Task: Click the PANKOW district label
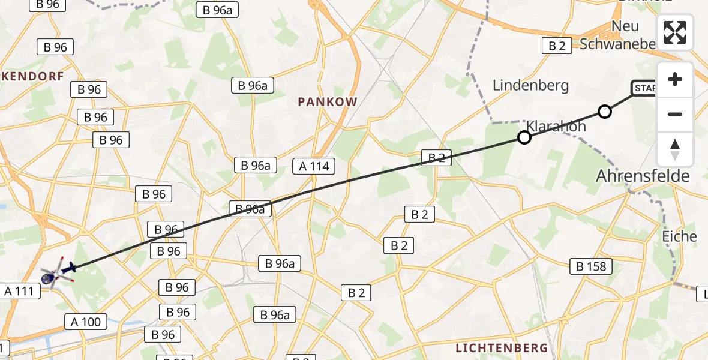click(328, 102)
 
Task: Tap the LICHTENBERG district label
click(502, 348)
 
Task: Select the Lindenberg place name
click(530, 86)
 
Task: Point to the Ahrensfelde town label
click(643, 176)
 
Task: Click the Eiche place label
click(679, 236)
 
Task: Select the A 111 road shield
click(21, 292)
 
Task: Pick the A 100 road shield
click(86, 322)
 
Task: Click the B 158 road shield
click(591, 266)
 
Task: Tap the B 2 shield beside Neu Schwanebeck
click(557, 46)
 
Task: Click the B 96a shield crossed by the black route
click(250, 209)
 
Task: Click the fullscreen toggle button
click(675, 32)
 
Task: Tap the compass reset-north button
click(675, 149)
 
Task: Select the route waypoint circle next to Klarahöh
click(524, 138)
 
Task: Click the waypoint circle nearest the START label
click(605, 112)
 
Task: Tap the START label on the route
click(643, 89)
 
